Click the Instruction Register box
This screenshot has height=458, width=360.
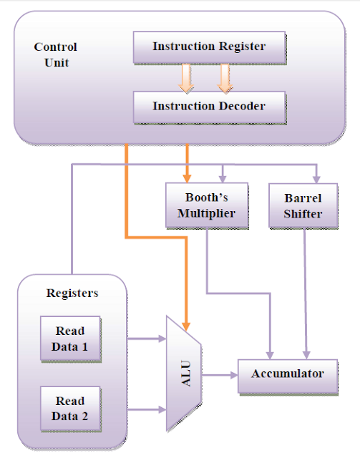coord(209,47)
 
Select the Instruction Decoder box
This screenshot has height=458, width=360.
coord(209,107)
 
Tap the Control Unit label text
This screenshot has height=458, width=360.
coord(55,54)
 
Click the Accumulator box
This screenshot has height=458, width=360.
coord(287,374)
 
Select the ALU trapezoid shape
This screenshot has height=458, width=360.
coord(184,374)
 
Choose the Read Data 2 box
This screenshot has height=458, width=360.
coord(69,409)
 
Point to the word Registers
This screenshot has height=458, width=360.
coord(72,293)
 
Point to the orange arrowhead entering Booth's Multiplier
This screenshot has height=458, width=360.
coord(188,177)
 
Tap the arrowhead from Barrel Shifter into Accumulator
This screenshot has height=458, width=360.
coord(308,353)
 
